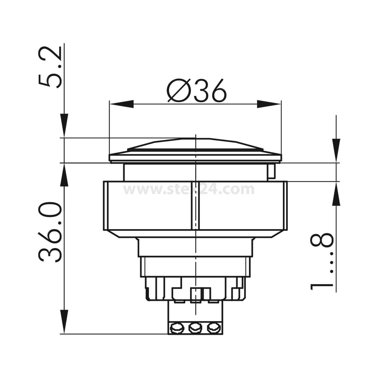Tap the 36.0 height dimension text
(50, 232)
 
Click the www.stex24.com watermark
(189, 190)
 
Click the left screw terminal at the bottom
(176, 328)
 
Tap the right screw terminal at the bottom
(213, 328)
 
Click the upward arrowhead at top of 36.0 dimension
(64, 175)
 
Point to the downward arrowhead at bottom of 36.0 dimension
(64, 321)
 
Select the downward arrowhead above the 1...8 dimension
(336, 150)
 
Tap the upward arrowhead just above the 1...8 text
(336, 194)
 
